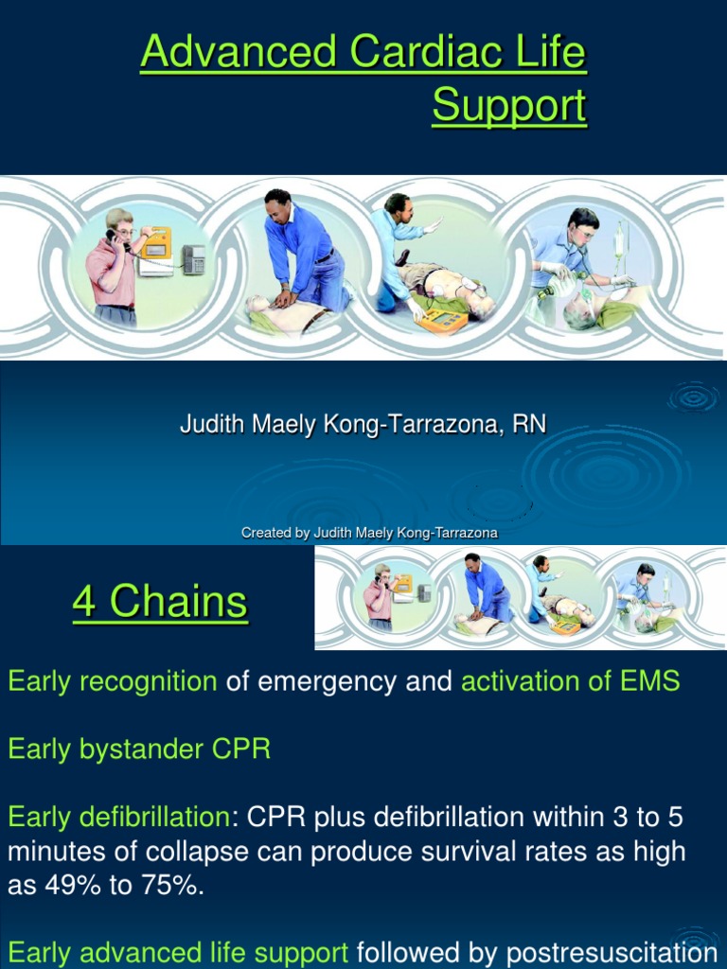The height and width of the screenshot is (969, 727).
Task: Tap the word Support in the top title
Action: (x=509, y=106)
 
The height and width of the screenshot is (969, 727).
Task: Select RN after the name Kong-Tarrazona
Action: (x=529, y=424)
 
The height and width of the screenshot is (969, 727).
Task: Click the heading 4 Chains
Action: (x=160, y=602)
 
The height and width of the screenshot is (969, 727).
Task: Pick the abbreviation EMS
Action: (x=649, y=680)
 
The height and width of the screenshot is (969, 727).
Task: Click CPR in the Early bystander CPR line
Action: (x=240, y=749)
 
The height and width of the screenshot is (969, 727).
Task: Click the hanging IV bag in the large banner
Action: (x=620, y=241)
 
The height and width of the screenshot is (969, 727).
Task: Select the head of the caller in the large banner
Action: (x=118, y=224)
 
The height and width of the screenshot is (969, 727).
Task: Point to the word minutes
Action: (x=61, y=852)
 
